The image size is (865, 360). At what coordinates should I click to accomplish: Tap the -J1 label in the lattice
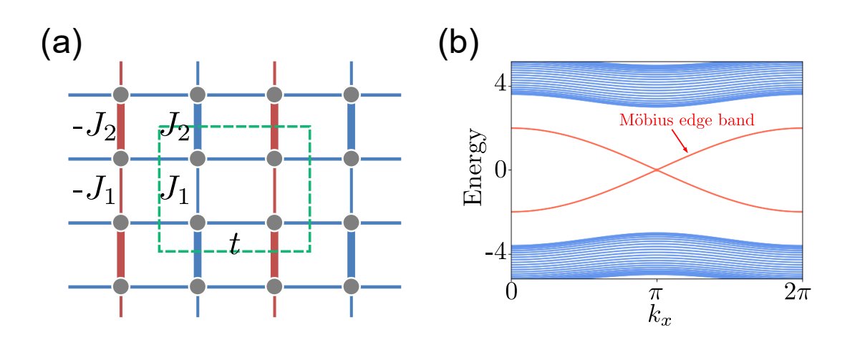94,192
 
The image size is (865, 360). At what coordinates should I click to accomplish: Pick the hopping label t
233,244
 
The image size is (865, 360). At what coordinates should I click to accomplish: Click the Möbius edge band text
686,120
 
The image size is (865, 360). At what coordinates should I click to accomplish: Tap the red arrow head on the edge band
687,151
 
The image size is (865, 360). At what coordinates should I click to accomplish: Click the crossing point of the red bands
657,170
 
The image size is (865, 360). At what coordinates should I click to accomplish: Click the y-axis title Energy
475,169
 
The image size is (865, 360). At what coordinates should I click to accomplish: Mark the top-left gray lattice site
121,94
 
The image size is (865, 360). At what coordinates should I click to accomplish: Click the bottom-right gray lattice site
351,286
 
